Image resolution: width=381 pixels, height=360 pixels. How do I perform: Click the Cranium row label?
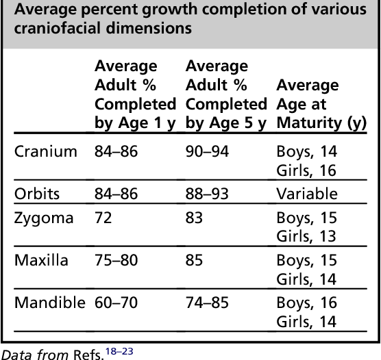pos(46,151)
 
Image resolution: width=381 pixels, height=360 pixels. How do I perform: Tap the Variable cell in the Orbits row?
pos(307,194)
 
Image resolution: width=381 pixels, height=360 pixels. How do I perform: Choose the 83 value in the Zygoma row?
pos(195,218)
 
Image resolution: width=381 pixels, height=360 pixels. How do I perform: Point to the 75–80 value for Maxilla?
pos(116,261)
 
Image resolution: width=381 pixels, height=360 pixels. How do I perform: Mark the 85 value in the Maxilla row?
pos(195,261)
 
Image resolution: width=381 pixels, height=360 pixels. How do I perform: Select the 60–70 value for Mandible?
pos(116,303)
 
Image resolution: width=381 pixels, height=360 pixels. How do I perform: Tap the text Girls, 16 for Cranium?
pos(306,170)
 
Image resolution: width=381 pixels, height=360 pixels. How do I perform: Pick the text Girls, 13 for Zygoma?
pos(306,237)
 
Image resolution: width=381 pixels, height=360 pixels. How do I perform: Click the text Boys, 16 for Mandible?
pos(306,303)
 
